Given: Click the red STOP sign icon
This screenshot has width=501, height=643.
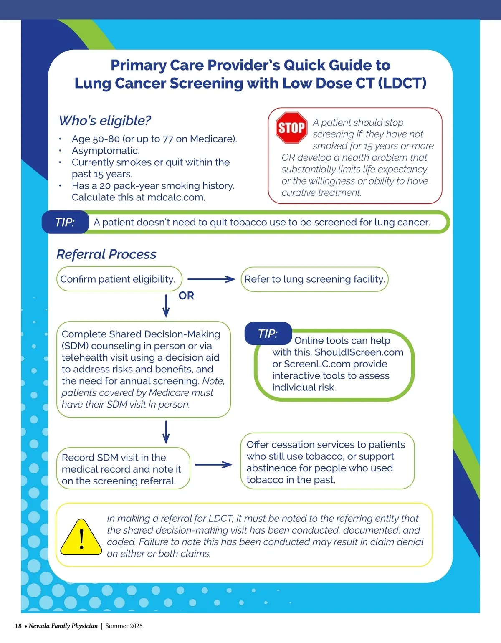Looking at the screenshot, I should coord(291,128).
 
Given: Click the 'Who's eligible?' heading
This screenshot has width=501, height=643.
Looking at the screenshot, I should coord(105,121).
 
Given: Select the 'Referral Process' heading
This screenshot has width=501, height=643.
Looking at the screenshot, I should coord(106,254).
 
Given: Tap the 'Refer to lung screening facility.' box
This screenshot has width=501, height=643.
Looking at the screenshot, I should coord(314,279).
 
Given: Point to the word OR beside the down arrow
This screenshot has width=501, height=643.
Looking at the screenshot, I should coord(186,296).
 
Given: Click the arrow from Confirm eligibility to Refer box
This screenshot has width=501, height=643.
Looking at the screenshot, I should coord(211,279).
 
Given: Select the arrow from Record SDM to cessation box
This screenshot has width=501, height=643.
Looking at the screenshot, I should coord(213,464).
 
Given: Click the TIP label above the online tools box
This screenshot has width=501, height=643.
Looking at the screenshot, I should coord(268,334).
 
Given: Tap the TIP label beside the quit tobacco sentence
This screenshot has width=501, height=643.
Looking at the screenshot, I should coord(65,222).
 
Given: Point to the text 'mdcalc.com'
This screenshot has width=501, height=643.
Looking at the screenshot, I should coord(176,197).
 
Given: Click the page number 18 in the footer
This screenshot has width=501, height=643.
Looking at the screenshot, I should coord(18,626).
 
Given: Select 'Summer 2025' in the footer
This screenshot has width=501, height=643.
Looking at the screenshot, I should coord(124,626).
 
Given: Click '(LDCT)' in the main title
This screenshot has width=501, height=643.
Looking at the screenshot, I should coord(402,83).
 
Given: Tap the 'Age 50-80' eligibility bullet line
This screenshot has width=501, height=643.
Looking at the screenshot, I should coord(154,139).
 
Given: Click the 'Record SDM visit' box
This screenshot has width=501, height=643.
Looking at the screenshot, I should coord(123,469).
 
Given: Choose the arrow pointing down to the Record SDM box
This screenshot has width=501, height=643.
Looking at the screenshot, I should coord(166,432).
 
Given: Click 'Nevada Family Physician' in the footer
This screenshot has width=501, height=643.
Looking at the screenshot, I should coord(63,626).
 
